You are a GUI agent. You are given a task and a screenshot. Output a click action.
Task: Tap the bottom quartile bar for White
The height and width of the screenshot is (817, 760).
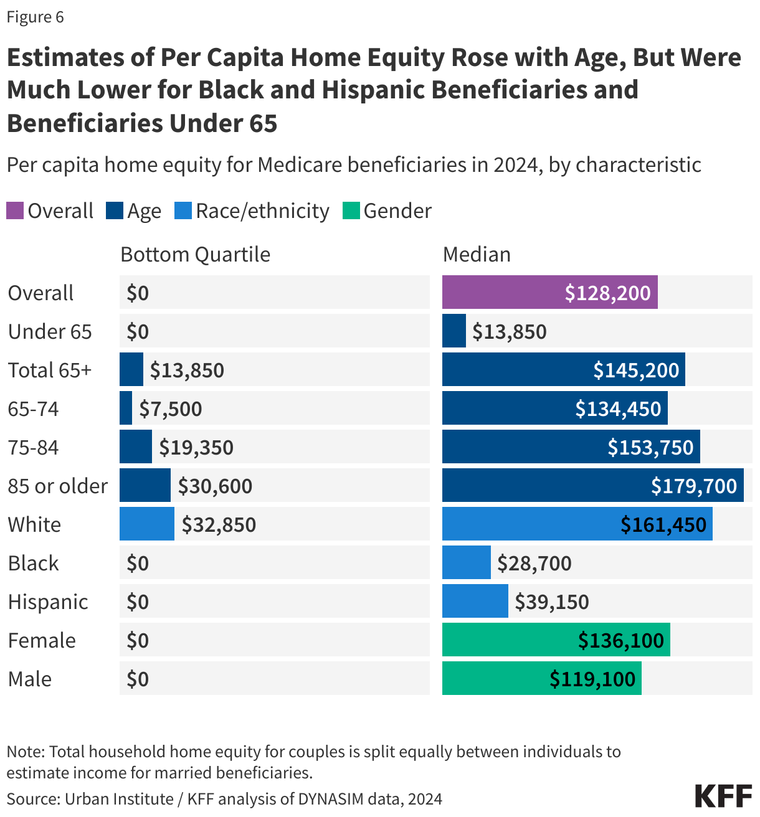click(146, 524)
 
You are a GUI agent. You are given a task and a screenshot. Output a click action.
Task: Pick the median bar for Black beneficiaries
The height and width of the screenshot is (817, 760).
click(466, 563)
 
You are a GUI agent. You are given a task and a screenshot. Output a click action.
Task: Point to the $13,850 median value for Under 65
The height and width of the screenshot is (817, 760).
click(509, 332)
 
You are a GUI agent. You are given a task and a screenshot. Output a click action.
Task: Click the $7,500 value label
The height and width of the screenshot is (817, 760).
click(170, 409)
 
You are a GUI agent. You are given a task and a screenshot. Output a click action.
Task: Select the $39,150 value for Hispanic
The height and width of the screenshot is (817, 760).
click(551, 602)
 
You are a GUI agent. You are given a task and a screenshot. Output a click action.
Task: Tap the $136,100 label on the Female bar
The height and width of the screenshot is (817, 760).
click(620, 641)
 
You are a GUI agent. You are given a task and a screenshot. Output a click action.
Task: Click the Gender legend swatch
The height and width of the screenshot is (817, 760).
click(351, 211)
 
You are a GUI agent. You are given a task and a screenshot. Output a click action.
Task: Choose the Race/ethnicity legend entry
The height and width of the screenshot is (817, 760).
click(262, 211)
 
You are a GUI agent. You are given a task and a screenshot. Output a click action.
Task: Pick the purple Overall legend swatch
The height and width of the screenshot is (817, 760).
click(15, 211)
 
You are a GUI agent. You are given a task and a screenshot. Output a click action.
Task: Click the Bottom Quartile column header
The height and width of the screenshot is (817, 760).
click(195, 255)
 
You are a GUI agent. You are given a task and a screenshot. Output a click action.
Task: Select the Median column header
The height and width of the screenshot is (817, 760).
click(477, 255)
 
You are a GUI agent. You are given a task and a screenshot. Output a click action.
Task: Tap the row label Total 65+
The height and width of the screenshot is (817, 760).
click(50, 371)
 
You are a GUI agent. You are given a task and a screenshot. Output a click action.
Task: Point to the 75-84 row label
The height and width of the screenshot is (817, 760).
click(33, 448)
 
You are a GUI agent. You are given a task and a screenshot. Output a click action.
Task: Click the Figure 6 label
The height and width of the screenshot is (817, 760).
click(35, 17)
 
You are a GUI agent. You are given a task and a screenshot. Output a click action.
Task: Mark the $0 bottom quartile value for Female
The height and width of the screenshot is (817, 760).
click(138, 641)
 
